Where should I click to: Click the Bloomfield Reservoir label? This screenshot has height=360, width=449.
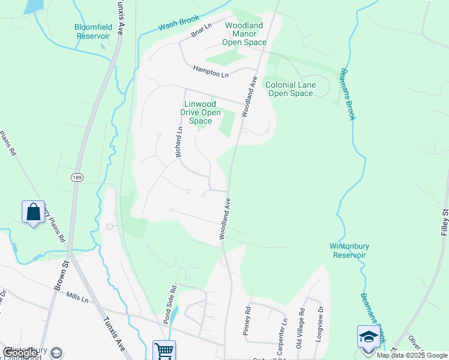[x=93, y=31]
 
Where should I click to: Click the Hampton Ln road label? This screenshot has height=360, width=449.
[x=211, y=71]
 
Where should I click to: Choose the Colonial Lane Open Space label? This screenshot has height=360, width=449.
[x=291, y=89]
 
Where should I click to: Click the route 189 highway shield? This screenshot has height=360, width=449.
[x=76, y=178]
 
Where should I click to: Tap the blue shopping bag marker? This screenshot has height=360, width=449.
[x=33, y=212]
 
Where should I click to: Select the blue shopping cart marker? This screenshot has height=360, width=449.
[x=164, y=350]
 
